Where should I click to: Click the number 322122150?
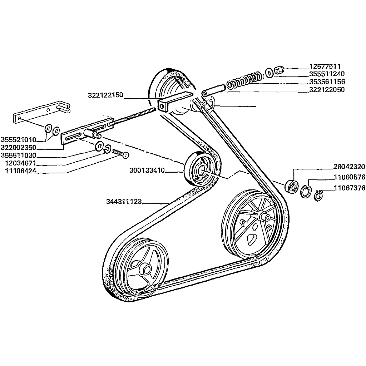[105, 95]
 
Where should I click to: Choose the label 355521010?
[18, 139]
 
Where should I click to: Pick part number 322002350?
[18, 147]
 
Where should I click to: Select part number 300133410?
[147, 170]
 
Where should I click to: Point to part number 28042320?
[349, 167]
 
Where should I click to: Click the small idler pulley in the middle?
[199, 168]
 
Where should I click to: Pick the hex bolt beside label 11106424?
[121, 154]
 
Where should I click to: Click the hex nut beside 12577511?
[279, 69]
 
